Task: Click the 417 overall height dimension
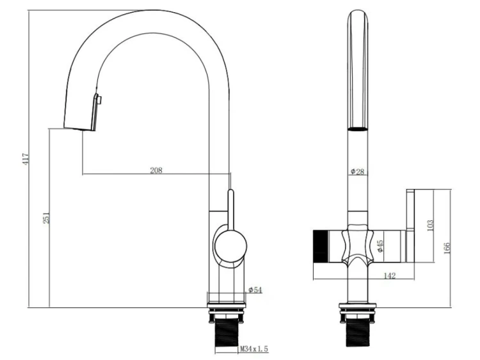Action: (26, 160)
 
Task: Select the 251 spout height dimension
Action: (46, 218)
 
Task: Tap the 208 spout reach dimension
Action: (156, 170)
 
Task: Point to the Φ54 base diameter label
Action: (255, 290)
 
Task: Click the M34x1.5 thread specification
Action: (254, 348)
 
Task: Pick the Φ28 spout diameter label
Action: (358, 172)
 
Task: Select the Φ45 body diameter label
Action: (380, 246)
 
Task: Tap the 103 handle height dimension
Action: (430, 225)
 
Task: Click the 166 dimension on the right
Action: (447, 248)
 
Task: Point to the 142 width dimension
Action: (389, 275)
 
